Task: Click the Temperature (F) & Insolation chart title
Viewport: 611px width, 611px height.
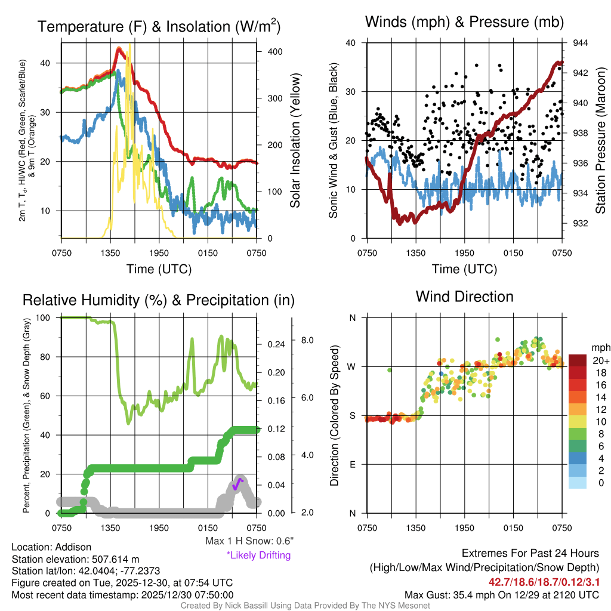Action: click(x=159, y=27)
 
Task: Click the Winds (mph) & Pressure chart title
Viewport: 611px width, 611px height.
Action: click(x=464, y=22)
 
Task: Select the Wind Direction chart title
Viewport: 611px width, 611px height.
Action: click(x=464, y=297)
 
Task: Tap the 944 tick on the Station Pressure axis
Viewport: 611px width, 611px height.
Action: click(x=580, y=43)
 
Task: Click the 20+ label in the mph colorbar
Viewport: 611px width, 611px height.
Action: click(x=600, y=360)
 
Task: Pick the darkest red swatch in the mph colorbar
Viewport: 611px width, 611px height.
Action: click(x=578, y=360)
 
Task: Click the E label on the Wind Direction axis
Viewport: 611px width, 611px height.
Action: click(x=353, y=464)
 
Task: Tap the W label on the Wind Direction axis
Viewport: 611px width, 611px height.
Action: click(x=352, y=366)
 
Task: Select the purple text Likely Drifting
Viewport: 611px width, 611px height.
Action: click(x=258, y=555)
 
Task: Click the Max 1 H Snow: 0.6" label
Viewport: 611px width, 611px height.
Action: click(x=249, y=541)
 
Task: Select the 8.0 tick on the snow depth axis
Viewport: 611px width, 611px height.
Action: click(x=308, y=340)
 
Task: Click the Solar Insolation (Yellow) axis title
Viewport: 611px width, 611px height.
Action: click(x=295, y=140)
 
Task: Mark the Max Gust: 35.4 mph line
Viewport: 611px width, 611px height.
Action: click(x=501, y=594)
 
